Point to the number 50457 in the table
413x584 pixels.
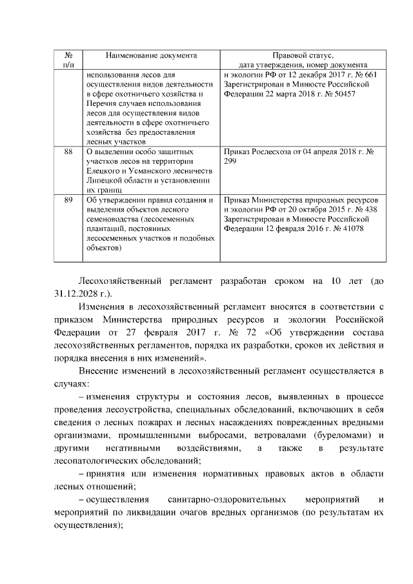tap(342, 94)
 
